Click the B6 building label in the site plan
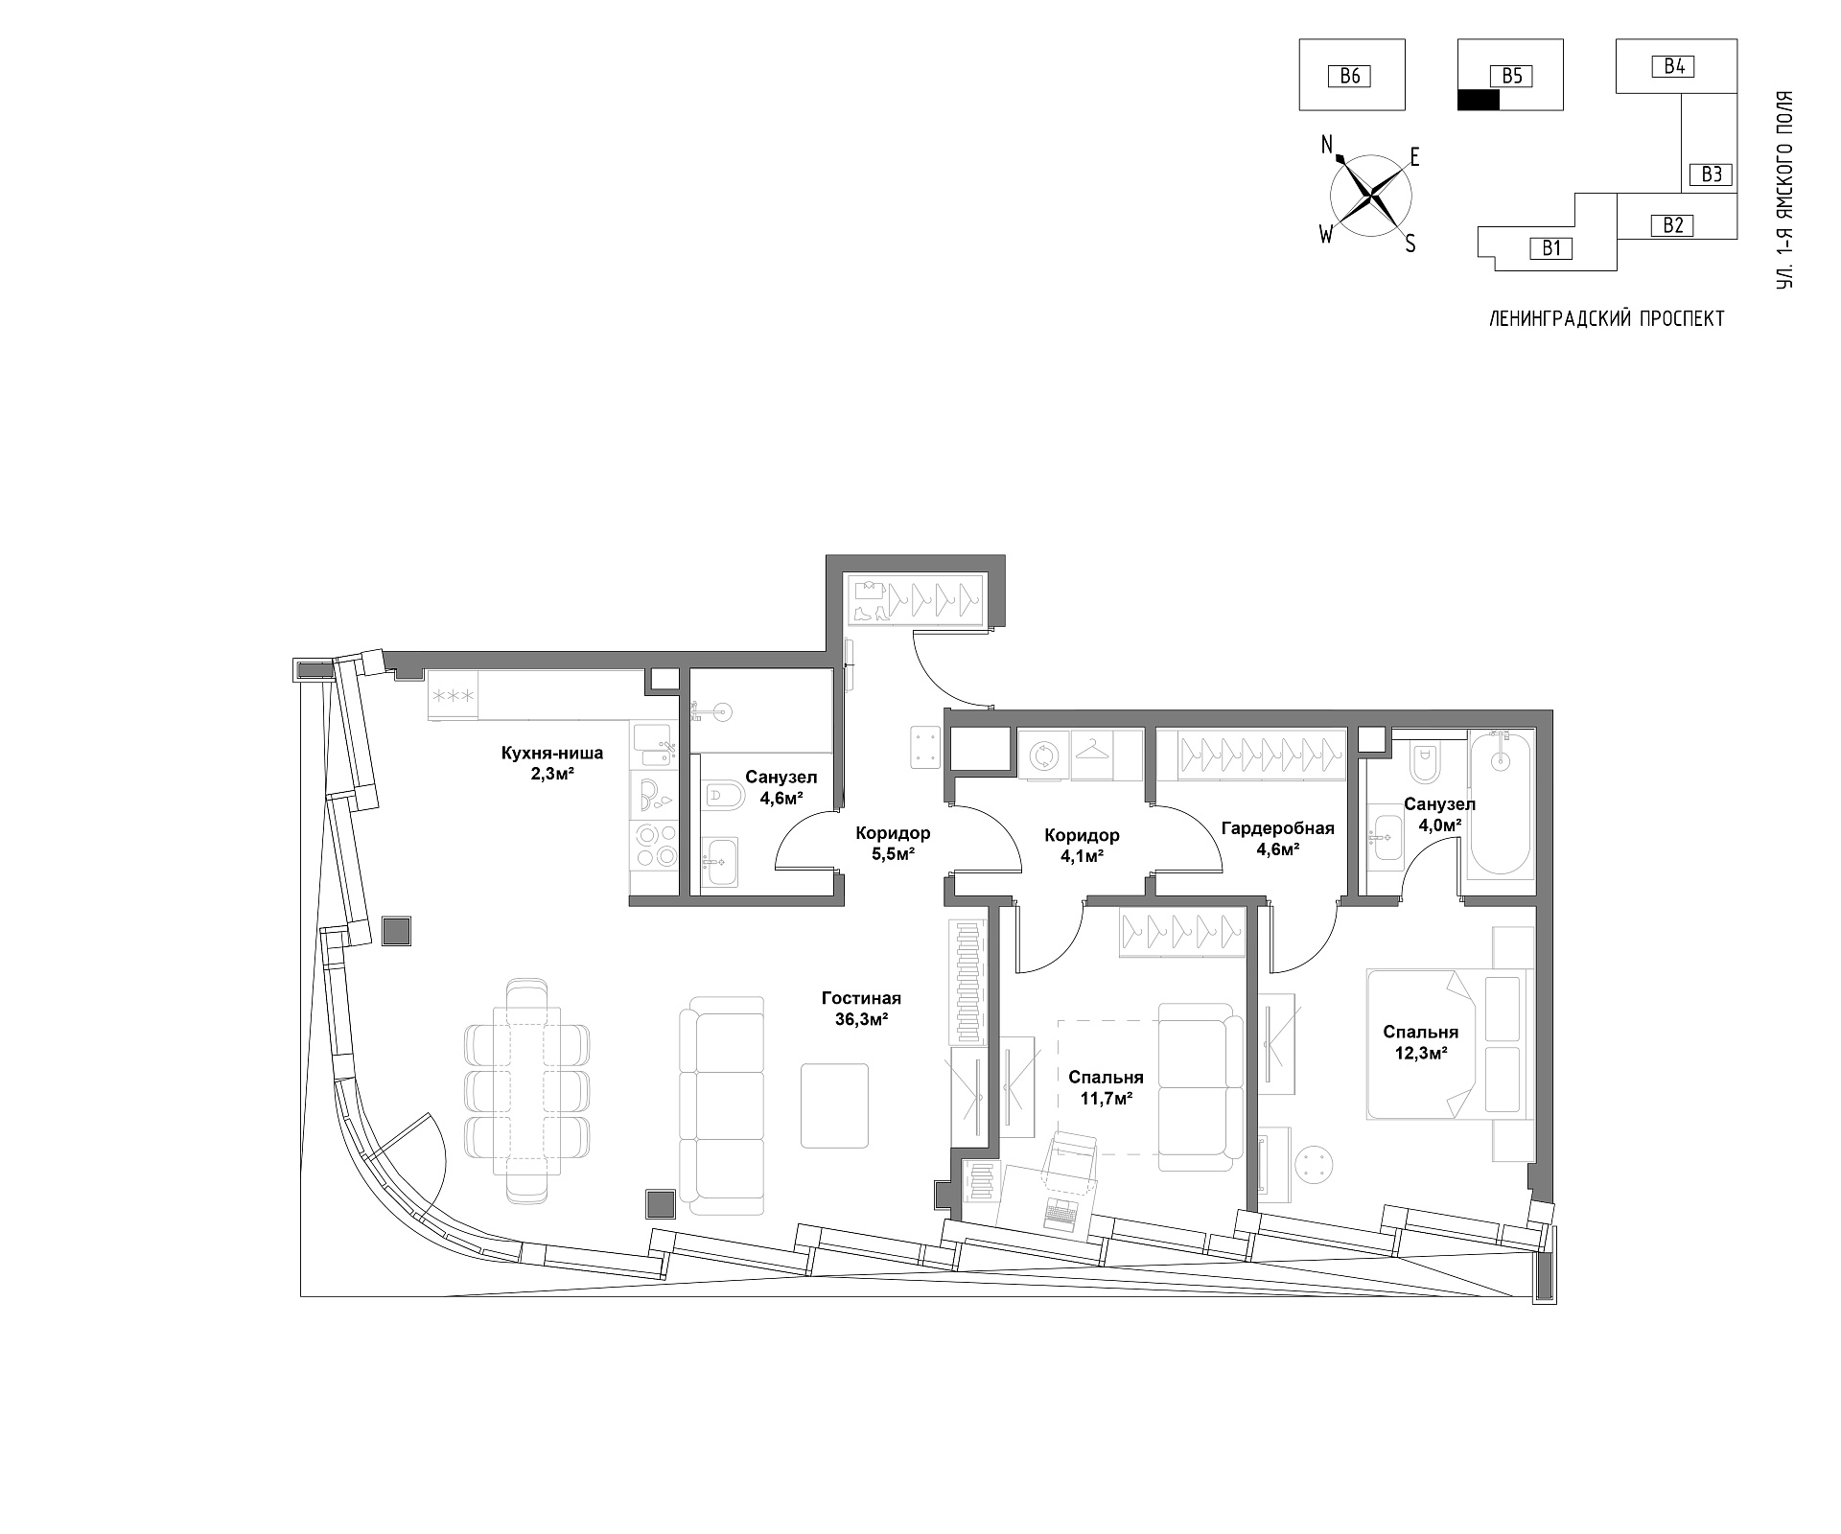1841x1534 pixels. pyautogui.click(x=1350, y=76)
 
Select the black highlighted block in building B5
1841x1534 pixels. pyautogui.click(x=1478, y=100)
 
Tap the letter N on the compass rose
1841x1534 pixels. pyautogui.click(x=1328, y=145)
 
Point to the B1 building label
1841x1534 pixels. pyautogui.click(x=1552, y=248)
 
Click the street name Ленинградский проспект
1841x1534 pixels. pyautogui.click(x=1606, y=319)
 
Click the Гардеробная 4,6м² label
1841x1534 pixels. pyautogui.click(x=1278, y=838)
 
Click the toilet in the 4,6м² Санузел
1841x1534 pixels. pyautogui.click(x=725, y=795)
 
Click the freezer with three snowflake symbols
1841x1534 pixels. pyautogui.click(x=453, y=695)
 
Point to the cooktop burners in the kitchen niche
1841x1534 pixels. pyautogui.click(x=654, y=844)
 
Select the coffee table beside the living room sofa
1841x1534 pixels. pyautogui.click(x=835, y=1104)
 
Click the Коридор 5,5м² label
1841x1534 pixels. pyautogui.click(x=893, y=843)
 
